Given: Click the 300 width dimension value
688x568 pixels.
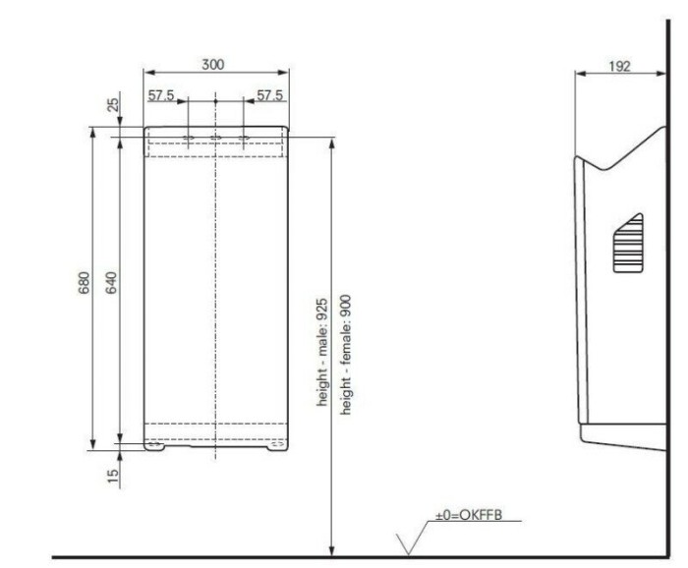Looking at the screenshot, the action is [213, 65].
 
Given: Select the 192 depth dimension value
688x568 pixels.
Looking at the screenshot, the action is [619, 66].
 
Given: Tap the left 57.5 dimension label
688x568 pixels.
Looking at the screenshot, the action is [161, 95].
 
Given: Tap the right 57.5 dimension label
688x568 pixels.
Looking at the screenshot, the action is [270, 95].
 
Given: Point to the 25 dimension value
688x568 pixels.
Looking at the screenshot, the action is [113, 105].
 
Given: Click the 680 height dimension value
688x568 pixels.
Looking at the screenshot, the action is [84, 283].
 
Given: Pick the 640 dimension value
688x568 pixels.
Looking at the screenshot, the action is [111, 283].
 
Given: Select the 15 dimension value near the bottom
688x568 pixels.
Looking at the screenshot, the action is [113, 475].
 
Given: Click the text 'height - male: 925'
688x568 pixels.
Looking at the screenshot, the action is [322, 352].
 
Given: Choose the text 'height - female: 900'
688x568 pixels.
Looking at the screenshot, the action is [346, 355].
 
